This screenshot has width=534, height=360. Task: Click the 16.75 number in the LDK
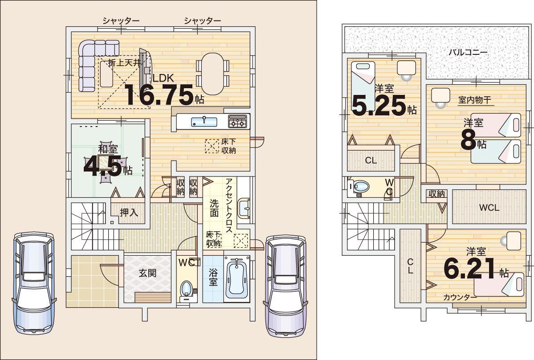coord(159,95)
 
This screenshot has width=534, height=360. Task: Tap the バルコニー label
coord(468,53)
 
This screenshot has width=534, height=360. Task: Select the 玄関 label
coord(147,273)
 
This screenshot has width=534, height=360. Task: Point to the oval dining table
coord(212,74)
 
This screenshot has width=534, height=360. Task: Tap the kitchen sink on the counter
coord(204,122)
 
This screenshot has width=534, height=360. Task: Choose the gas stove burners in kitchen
coord(237,122)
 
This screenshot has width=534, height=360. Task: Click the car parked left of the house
coord(34,282)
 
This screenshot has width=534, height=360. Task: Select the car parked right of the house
coord(285,286)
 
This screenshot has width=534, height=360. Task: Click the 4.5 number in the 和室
coord(102,166)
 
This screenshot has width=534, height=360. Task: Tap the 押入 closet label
coord(129,213)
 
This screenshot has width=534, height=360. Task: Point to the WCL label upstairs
coord(489,208)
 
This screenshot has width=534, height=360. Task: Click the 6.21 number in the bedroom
coord(469,268)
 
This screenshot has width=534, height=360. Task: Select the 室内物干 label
coord(474,100)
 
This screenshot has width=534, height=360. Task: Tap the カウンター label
coord(460,297)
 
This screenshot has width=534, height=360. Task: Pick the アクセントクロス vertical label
coord(229,205)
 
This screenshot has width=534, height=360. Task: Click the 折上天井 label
coord(124,63)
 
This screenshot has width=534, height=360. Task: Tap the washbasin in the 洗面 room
coord(244,208)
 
